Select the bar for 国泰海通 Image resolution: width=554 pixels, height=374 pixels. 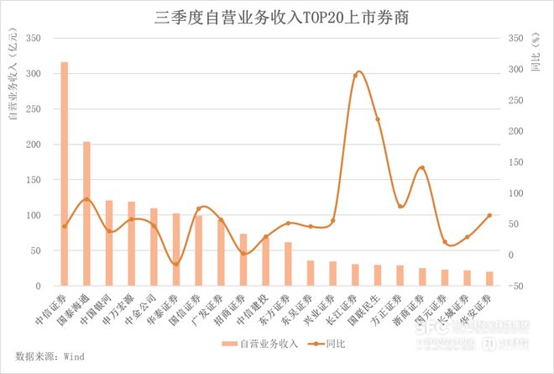tap(86, 213)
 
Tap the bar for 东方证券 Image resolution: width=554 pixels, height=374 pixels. tap(288, 264)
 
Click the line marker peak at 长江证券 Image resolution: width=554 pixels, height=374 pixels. tap(356, 76)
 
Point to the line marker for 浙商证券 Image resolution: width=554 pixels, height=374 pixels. tap(422, 168)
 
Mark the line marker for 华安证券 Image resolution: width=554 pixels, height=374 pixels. tap(489, 216)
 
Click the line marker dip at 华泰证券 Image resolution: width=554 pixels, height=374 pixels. tap(176, 265)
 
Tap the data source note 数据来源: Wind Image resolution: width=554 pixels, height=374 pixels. tap(50, 356)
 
